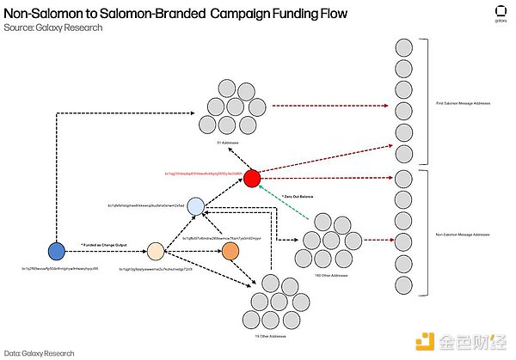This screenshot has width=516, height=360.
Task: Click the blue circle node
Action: (x=56, y=251)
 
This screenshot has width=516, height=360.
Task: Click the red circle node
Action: (x=251, y=179)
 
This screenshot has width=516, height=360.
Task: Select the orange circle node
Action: (x=230, y=251)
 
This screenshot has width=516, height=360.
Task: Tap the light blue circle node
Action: (x=196, y=206)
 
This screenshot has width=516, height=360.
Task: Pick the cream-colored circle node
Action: (x=155, y=251)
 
